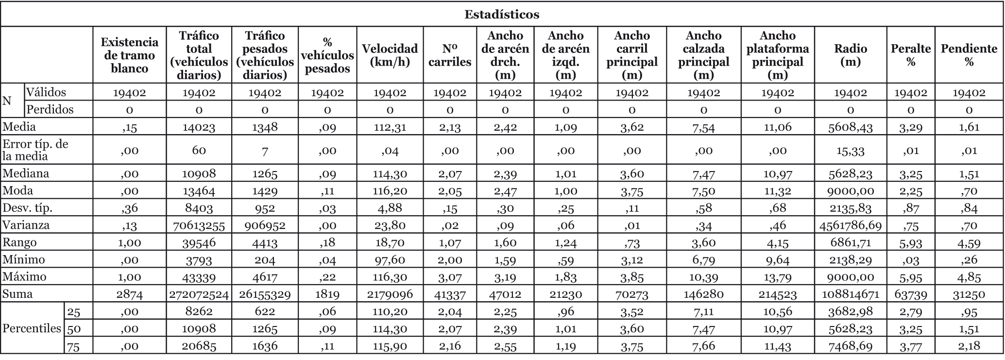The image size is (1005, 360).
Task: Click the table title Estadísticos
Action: (x=502, y=14)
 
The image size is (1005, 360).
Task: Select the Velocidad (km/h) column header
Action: (x=390, y=55)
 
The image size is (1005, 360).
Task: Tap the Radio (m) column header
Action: (x=850, y=55)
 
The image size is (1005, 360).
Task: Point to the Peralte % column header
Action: (x=911, y=55)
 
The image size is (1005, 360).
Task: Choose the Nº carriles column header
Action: (x=450, y=55)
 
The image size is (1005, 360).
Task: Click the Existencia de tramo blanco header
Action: (x=129, y=55)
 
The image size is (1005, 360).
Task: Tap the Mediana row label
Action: (x=26, y=173)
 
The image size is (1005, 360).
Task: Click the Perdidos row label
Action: (x=50, y=109)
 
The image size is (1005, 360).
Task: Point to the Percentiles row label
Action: (x=32, y=328)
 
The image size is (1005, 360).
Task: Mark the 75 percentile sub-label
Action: (x=74, y=346)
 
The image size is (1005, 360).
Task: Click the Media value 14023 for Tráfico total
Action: (x=199, y=127)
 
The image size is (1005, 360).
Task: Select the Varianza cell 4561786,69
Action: (x=850, y=225)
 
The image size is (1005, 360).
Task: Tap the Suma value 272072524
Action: (x=199, y=294)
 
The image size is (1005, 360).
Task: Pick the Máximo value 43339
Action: (x=199, y=277)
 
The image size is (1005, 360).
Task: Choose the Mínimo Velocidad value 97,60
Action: (x=390, y=260)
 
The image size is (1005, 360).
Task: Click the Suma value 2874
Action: (x=129, y=294)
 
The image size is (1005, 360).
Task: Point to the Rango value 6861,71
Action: (x=850, y=242)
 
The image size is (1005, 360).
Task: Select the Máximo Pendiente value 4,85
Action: (x=969, y=277)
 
